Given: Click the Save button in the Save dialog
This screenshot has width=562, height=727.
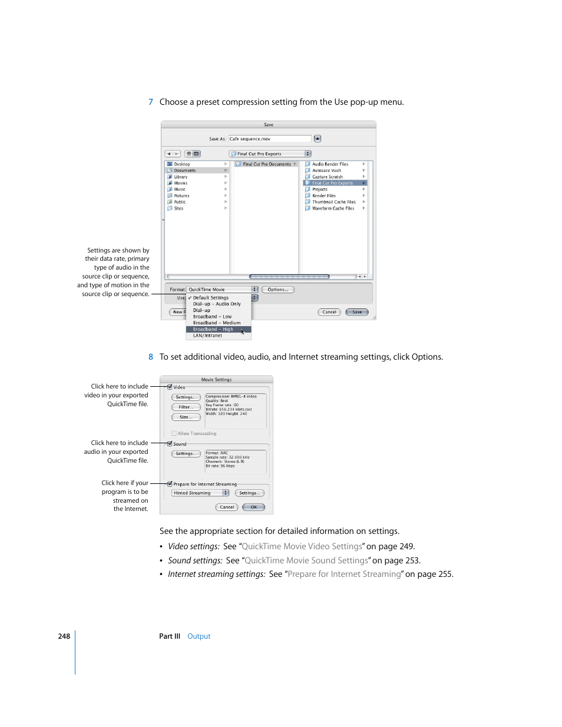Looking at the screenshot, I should [357, 312].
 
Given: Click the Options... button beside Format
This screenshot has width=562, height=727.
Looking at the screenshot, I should [277, 290].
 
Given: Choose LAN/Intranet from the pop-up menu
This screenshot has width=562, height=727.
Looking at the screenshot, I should [208, 336].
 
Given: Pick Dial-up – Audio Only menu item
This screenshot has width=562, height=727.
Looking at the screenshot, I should [217, 304].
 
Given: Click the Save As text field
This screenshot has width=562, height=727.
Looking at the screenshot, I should [270, 139].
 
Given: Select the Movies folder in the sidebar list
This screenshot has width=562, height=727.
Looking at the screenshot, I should [181, 183].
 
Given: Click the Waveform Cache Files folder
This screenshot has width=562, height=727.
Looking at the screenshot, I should [333, 208].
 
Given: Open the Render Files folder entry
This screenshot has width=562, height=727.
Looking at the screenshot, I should [324, 196].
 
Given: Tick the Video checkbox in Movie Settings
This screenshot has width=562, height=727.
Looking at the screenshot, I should [170, 387].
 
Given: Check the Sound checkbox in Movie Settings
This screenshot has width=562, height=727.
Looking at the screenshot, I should [170, 444].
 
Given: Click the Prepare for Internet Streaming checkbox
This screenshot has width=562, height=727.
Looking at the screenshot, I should [170, 484].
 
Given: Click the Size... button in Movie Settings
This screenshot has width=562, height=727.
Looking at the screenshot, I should [186, 417].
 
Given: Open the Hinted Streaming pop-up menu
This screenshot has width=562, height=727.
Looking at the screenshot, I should [200, 493].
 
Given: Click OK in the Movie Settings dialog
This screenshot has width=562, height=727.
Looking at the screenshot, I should [254, 507].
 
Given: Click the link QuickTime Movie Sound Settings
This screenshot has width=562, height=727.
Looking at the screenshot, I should [306, 560].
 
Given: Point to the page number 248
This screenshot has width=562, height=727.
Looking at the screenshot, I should [64, 636].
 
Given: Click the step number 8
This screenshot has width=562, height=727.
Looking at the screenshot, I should [151, 357].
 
